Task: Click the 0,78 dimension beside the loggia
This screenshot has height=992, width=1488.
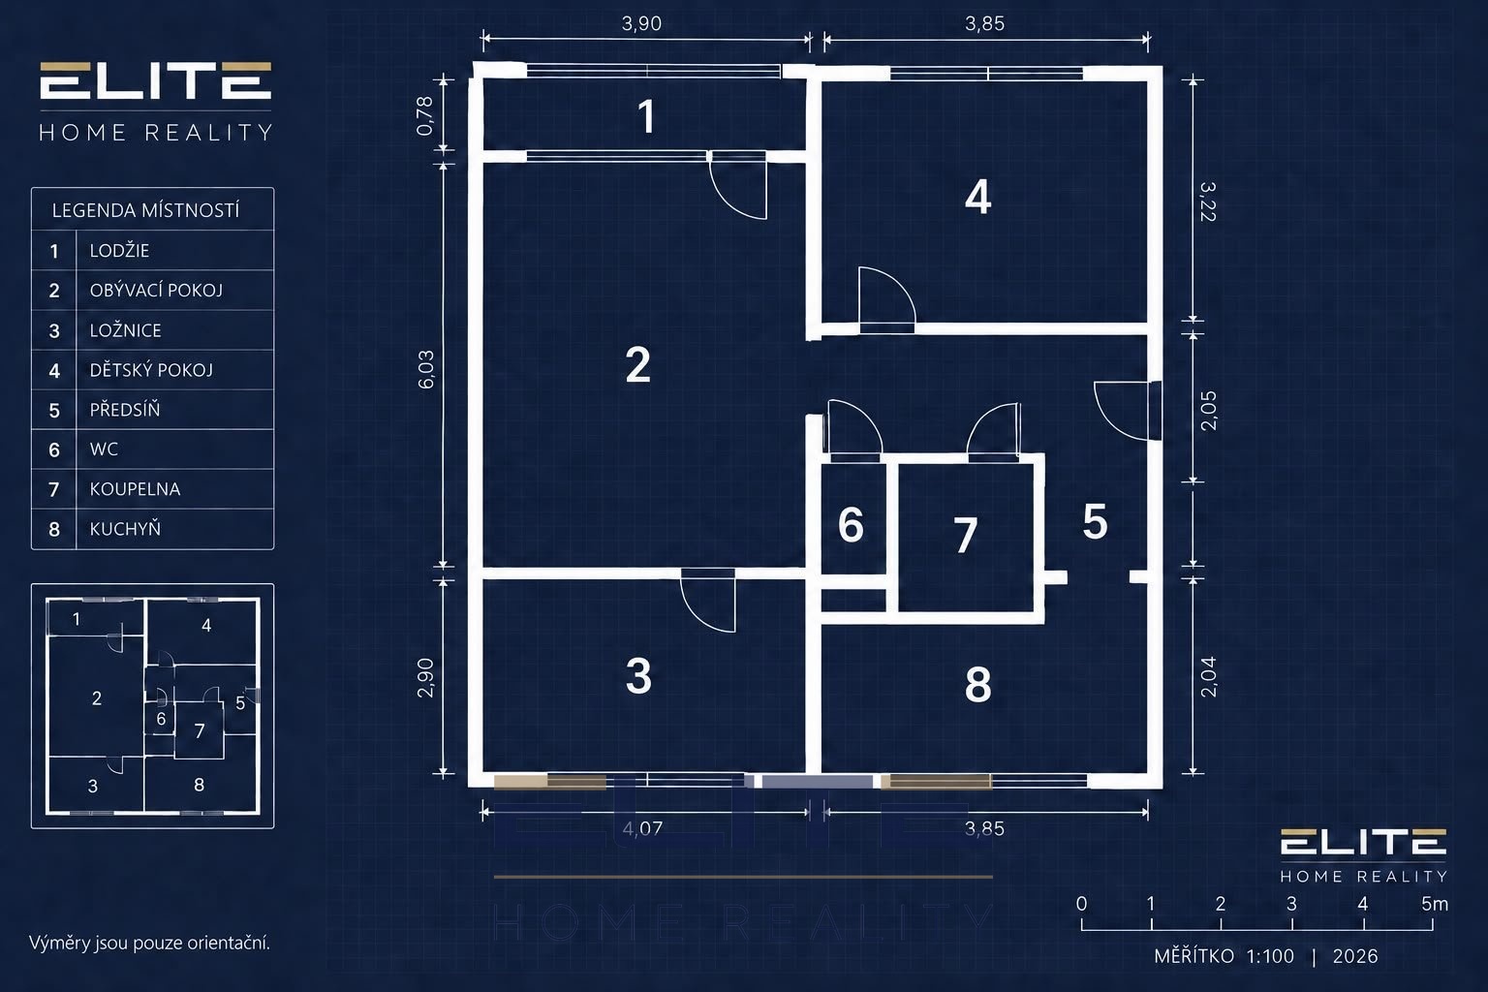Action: tap(424, 116)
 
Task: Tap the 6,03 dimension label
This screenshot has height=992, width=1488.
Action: tap(426, 369)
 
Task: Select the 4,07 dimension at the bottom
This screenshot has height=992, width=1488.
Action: tap(642, 828)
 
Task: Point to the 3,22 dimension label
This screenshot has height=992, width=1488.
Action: tap(1208, 202)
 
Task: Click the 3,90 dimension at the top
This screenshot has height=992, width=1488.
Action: tap(641, 24)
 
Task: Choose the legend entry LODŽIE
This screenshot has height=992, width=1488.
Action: tap(119, 251)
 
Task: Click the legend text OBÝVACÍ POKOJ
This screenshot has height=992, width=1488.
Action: tap(156, 291)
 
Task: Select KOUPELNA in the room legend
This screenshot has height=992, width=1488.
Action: tap(135, 489)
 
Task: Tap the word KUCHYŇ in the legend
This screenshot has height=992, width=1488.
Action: tap(126, 528)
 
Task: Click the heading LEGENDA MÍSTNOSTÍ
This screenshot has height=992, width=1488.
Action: tap(145, 210)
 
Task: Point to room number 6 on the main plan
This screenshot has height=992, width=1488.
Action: tap(851, 525)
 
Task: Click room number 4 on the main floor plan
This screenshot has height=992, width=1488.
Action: tap(977, 198)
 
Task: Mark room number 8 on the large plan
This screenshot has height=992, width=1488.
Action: tap(977, 685)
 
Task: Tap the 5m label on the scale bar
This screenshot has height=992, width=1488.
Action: tap(1435, 904)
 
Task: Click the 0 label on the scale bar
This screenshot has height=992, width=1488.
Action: tap(1081, 904)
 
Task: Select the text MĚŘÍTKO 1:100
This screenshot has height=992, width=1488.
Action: tap(1224, 956)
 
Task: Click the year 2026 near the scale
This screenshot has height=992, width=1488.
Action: tap(1355, 956)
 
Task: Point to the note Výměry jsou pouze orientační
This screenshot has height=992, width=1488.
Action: tap(149, 943)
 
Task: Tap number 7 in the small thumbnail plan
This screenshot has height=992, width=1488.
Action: tap(200, 730)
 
